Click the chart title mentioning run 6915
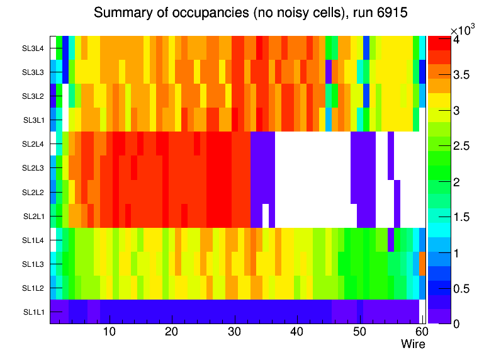coord(251,13)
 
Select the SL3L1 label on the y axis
coord(33,120)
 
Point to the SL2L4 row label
coord(33,144)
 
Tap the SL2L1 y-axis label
coord(33,217)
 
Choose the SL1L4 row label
coord(33,240)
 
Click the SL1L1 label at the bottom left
coord(33,312)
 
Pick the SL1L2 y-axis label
coord(33,288)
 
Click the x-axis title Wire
coord(413,344)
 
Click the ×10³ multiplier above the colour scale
coord(464,30)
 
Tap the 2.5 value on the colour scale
coord(461,146)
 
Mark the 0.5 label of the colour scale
coord(461,288)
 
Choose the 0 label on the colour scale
coord(455,323)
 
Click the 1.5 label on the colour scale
coord(461,217)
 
